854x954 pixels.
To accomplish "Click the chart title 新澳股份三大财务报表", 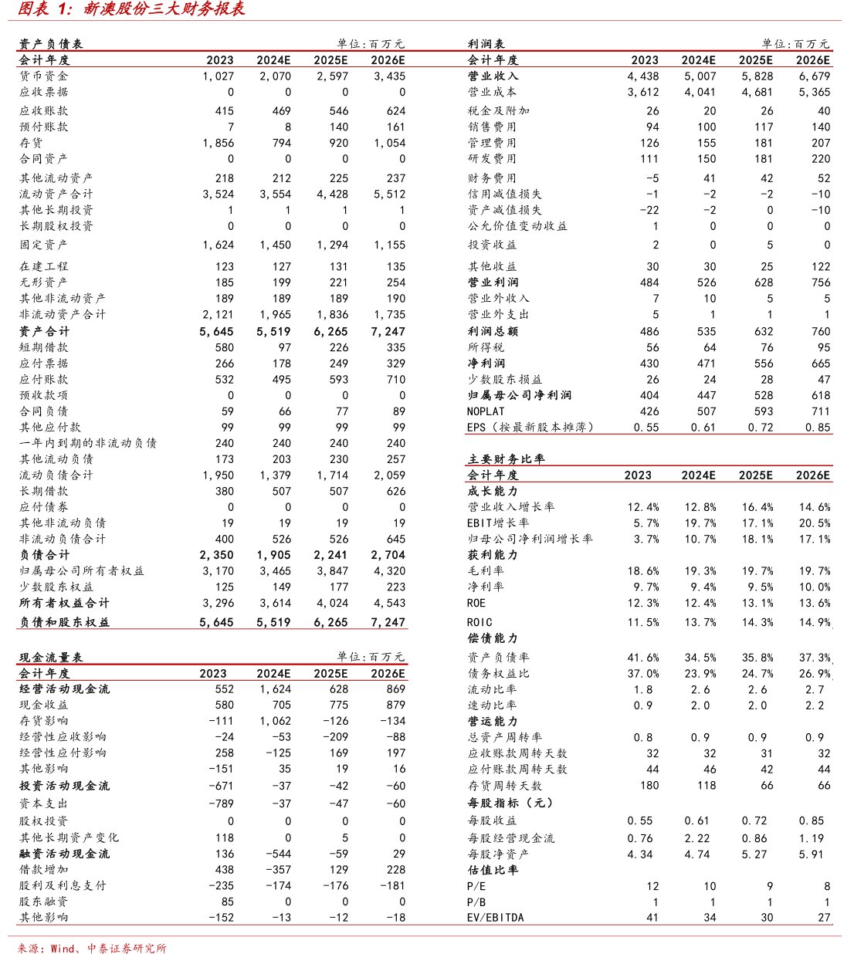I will point(164,9).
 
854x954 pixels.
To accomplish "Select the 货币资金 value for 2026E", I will point(390,76).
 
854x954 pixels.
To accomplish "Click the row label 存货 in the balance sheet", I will point(31,143).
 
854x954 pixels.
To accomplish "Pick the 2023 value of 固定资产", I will point(219,245).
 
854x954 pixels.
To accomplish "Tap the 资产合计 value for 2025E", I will point(332,331).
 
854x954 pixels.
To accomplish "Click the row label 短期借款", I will point(43,347).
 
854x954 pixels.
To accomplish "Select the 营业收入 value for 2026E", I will point(815,76).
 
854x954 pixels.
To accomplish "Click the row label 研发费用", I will point(492,159).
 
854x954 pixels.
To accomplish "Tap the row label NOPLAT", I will point(486,411).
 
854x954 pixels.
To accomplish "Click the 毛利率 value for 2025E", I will point(757,571).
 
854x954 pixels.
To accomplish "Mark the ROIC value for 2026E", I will point(815,622).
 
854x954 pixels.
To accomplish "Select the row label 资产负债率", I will point(498,658).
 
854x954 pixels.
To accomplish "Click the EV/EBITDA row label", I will point(495,918).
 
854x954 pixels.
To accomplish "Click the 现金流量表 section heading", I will point(51,658).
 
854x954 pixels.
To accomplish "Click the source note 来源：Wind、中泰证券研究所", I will point(92,948).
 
